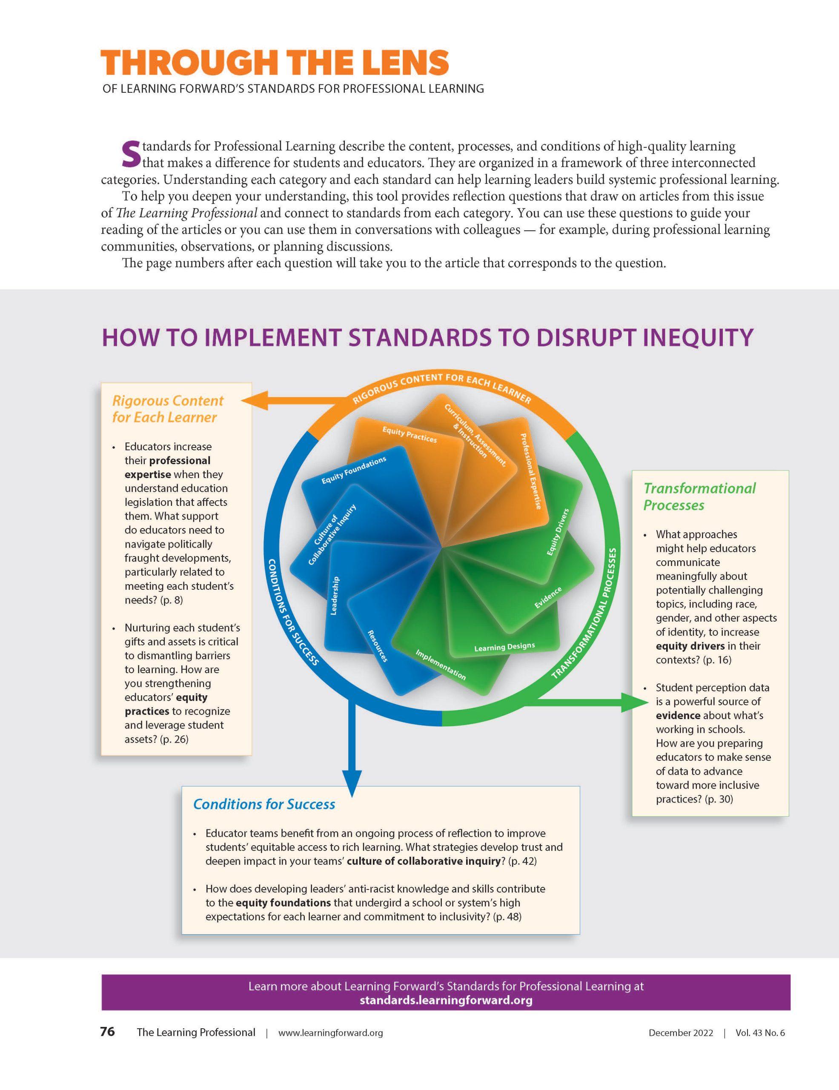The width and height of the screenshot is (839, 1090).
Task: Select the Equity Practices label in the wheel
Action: click(409, 435)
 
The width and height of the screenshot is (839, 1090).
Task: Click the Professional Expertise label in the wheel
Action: click(531, 470)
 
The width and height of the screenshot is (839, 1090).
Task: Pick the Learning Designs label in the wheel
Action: click(504, 647)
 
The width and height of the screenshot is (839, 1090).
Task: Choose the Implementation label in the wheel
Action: click(441, 665)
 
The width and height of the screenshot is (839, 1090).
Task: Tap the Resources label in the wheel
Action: click(378, 646)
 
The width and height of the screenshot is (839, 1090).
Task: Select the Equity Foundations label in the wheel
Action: click(354, 470)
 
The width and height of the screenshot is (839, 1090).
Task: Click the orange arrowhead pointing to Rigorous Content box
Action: click(254, 400)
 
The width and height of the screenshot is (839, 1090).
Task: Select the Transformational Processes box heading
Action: click(699, 496)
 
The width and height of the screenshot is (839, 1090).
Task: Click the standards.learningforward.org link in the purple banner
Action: click(446, 1000)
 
